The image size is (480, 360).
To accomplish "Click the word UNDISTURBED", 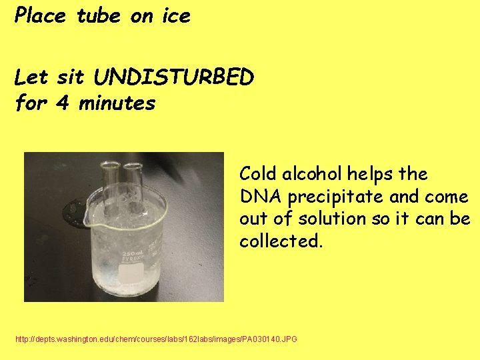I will (174, 78).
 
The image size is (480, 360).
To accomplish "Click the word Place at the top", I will (40, 16).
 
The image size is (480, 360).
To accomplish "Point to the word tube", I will (99, 16).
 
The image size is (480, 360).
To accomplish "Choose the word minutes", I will (116, 103).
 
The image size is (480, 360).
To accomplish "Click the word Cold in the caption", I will (259, 174).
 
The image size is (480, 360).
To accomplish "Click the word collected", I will (281, 241).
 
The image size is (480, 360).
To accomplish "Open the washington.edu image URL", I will (156, 340).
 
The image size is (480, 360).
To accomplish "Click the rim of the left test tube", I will (110, 164).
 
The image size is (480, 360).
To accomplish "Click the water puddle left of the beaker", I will (71, 213).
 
